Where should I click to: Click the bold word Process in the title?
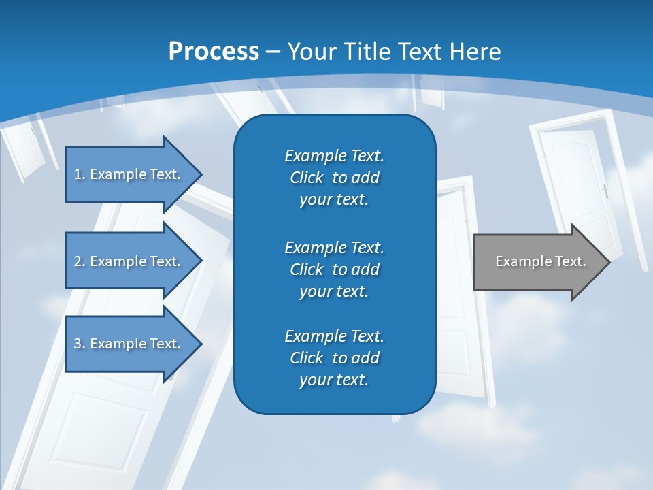(x=214, y=52)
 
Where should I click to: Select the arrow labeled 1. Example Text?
(x=129, y=174)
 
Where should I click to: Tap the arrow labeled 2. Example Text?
(x=129, y=261)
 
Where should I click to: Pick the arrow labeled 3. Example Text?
(x=129, y=344)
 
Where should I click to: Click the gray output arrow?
(x=537, y=261)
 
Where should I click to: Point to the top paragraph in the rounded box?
(x=334, y=178)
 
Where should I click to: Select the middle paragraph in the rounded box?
(x=334, y=269)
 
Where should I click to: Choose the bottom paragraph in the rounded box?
(x=334, y=358)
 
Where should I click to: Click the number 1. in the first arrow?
(x=80, y=174)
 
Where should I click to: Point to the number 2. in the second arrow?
(x=80, y=261)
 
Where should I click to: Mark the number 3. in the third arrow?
(x=80, y=344)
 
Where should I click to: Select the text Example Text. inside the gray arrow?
(x=540, y=261)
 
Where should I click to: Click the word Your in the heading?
(x=310, y=52)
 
